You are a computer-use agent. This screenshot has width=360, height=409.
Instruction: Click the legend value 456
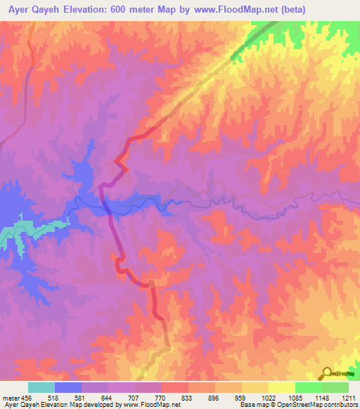click(25, 398)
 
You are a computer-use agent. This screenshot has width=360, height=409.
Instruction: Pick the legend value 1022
click(269, 398)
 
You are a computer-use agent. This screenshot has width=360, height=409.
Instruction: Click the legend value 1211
click(348, 398)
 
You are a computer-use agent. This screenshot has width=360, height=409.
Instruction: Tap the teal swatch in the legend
click(41, 387)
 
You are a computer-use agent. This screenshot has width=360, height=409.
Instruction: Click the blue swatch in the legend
click(68, 387)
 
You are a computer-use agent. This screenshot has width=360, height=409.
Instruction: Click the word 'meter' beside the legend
click(9, 398)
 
